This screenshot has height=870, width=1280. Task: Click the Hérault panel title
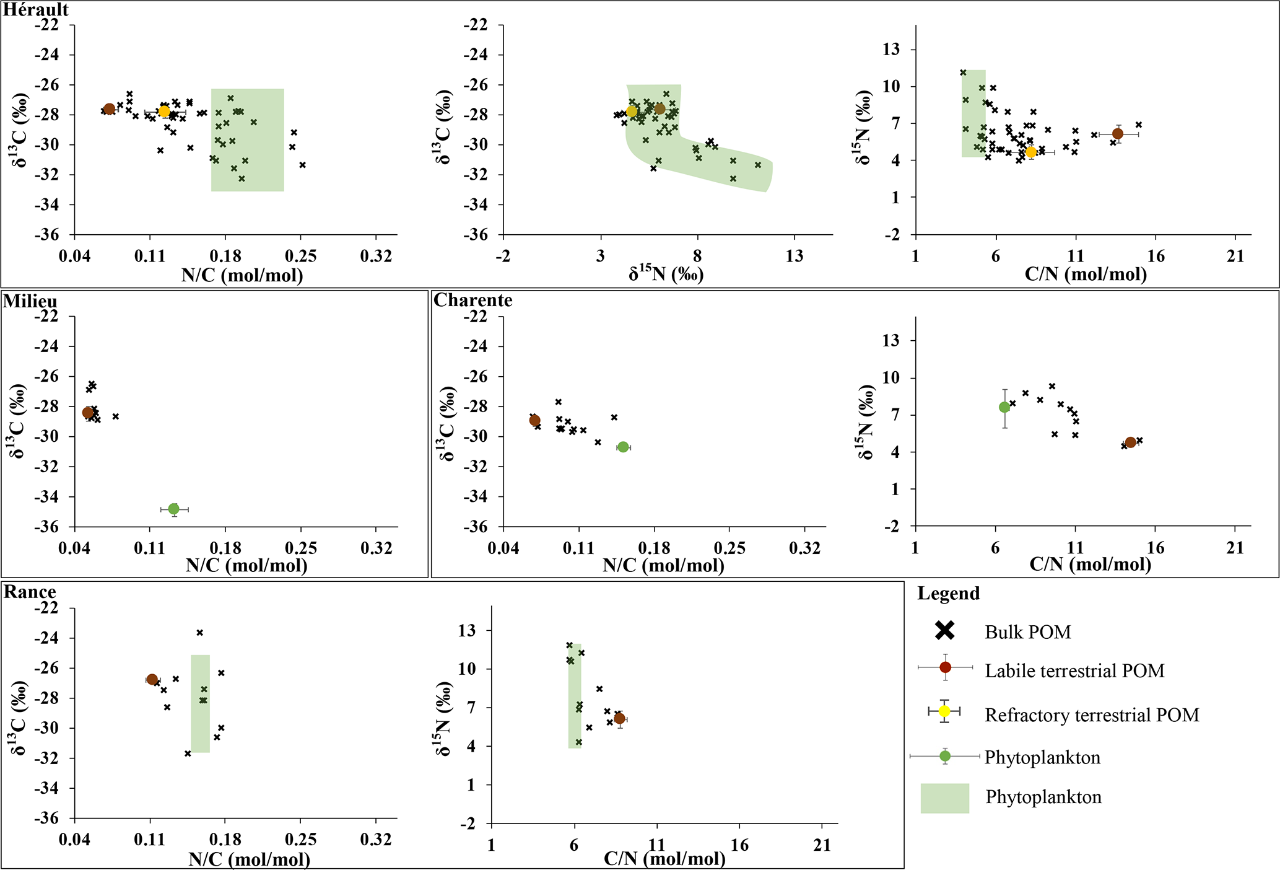(x=36, y=10)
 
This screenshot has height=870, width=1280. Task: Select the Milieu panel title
(x=30, y=301)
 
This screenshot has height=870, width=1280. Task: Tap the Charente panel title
(x=473, y=301)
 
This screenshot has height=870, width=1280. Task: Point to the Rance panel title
(x=30, y=592)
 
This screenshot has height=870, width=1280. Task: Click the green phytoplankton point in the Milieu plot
(x=173, y=509)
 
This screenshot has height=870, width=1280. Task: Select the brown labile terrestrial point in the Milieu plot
(x=88, y=413)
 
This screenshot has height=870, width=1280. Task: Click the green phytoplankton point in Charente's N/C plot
(x=623, y=447)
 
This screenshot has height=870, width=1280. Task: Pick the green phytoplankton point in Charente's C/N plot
(x=1004, y=407)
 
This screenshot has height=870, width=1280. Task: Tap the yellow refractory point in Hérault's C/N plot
(x=1031, y=152)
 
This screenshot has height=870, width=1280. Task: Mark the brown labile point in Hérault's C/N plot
(x=1118, y=134)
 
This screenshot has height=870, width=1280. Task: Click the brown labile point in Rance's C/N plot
(x=619, y=719)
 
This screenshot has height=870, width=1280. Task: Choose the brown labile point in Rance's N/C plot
(x=152, y=679)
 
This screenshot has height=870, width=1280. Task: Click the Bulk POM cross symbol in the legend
(x=945, y=631)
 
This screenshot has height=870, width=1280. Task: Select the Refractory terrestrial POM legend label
(x=1092, y=715)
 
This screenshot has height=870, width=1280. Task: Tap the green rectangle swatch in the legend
(x=944, y=798)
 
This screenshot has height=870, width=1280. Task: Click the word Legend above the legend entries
(x=948, y=594)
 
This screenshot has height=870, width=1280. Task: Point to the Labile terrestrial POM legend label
(x=1074, y=670)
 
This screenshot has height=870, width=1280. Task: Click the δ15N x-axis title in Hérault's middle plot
(x=666, y=274)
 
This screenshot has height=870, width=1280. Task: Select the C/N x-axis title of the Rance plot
(x=664, y=859)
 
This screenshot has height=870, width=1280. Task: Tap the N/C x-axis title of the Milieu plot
(x=246, y=565)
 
